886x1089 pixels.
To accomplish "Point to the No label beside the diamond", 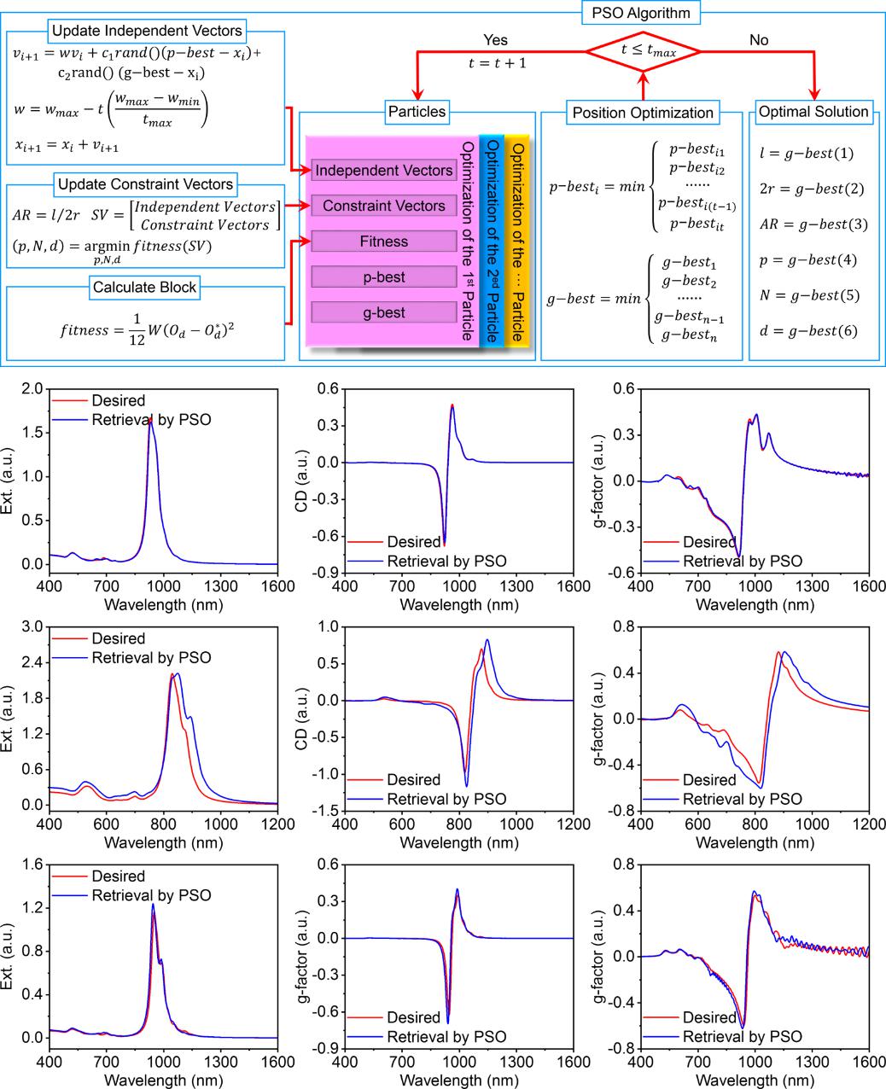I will (758, 40).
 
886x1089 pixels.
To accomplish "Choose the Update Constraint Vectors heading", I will (146, 183).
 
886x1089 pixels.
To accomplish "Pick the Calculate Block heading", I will (144, 288).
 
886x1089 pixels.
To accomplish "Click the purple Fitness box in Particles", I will (383, 242).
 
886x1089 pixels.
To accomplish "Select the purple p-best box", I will (383, 277).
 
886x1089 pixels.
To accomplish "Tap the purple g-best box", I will (383, 313).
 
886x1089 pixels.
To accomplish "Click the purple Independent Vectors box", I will (383, 171).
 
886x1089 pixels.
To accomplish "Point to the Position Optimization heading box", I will (643, 113).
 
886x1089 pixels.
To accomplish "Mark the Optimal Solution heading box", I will (813, 111).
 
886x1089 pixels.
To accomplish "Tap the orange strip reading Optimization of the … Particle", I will (517, 239).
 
